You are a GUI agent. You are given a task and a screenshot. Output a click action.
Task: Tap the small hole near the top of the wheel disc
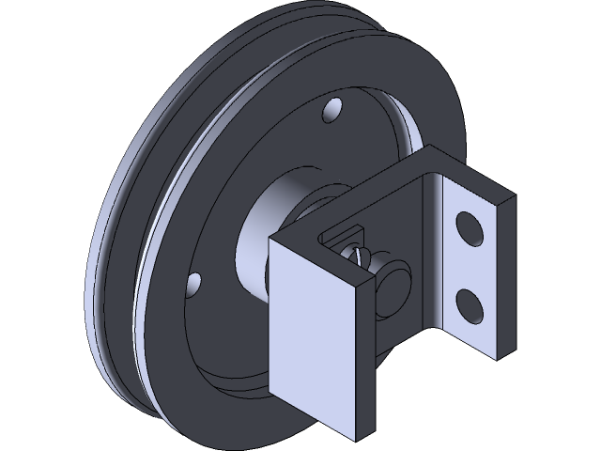click(x=331, y=113)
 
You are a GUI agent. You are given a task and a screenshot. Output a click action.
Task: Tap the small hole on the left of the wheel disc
click(x=194, y=282)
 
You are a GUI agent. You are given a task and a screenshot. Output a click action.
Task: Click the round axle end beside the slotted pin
click(x=394, y=281)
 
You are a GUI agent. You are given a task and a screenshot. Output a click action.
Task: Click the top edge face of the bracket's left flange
click(x=319, y=252)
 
